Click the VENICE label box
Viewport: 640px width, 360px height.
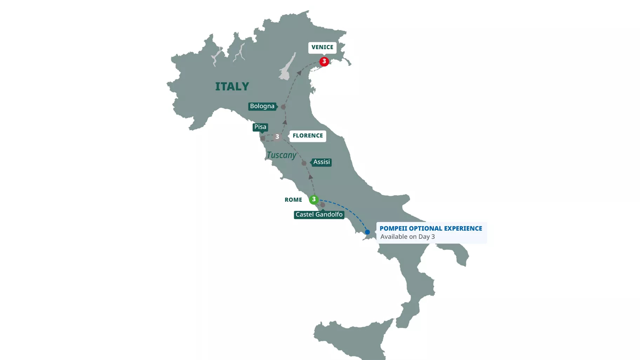322,47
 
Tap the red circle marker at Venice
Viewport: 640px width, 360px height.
324,61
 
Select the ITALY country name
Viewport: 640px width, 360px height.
232,86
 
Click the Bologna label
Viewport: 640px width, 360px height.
262,106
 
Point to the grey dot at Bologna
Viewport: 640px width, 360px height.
283,107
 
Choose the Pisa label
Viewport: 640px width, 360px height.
260,127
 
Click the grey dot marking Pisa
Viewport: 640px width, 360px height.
262,138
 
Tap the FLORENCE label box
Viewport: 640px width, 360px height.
307,136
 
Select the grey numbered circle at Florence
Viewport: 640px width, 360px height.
277,137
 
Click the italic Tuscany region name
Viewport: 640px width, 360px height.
281,155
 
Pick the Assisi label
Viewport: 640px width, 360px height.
321,162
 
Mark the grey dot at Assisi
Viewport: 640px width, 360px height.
304,163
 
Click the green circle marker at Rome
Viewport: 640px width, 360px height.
314,199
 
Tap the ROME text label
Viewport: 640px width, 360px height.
293,200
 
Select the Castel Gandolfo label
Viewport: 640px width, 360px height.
319,214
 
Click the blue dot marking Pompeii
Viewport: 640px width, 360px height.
367,232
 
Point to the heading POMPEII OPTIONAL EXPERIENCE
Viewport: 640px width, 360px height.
431,228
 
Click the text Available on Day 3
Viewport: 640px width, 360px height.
407,237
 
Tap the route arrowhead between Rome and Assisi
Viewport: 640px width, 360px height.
311,177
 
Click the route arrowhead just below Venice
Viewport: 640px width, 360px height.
299,73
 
